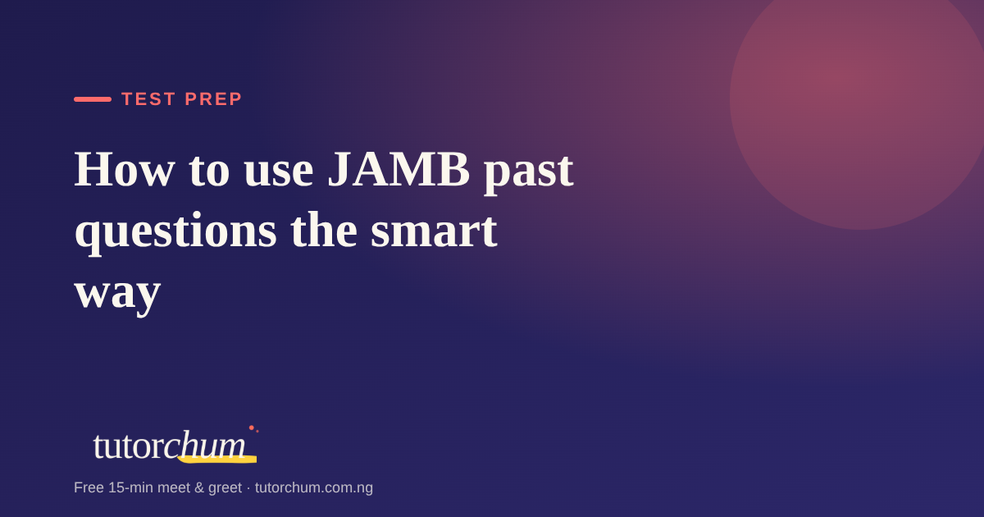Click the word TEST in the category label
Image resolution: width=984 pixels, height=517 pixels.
coord(148,99)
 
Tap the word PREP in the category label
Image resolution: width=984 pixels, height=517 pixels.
coord(213,99)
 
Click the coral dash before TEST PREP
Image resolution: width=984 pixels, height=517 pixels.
coord(93,99)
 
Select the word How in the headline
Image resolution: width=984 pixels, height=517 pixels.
coord(125,170)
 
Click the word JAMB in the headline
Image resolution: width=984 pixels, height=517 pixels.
coord(399,170)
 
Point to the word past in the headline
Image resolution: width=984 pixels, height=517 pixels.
coord(528,172)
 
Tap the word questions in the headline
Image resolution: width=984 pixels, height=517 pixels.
coord(175,231)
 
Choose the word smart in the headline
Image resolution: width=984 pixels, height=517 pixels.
coord(434,231)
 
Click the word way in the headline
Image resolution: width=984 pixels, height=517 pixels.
coord(118,294)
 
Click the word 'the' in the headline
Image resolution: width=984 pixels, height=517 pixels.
coord(324,230)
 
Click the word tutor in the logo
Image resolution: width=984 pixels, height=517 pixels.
coord(129,446)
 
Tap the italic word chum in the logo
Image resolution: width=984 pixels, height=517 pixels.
coord(205,445)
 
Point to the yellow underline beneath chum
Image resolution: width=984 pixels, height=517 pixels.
coord(217,460)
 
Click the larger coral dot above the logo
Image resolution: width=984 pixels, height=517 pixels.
coord(252,428)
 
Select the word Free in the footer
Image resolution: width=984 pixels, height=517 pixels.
coord(89,487)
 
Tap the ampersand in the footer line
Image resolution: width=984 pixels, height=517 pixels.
coord(199,487)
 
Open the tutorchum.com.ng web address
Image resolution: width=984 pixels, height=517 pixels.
coord(313,488)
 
